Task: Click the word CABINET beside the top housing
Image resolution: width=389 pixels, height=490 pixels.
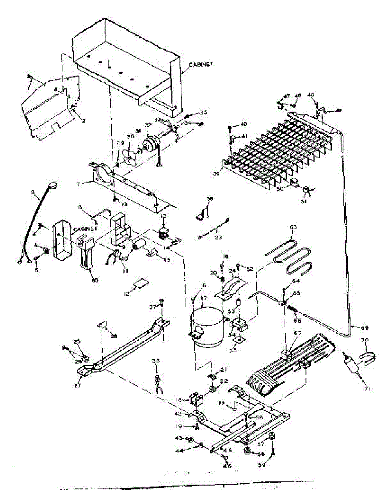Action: [201, 65]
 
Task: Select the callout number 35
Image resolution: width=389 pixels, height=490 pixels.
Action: [203, 112]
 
